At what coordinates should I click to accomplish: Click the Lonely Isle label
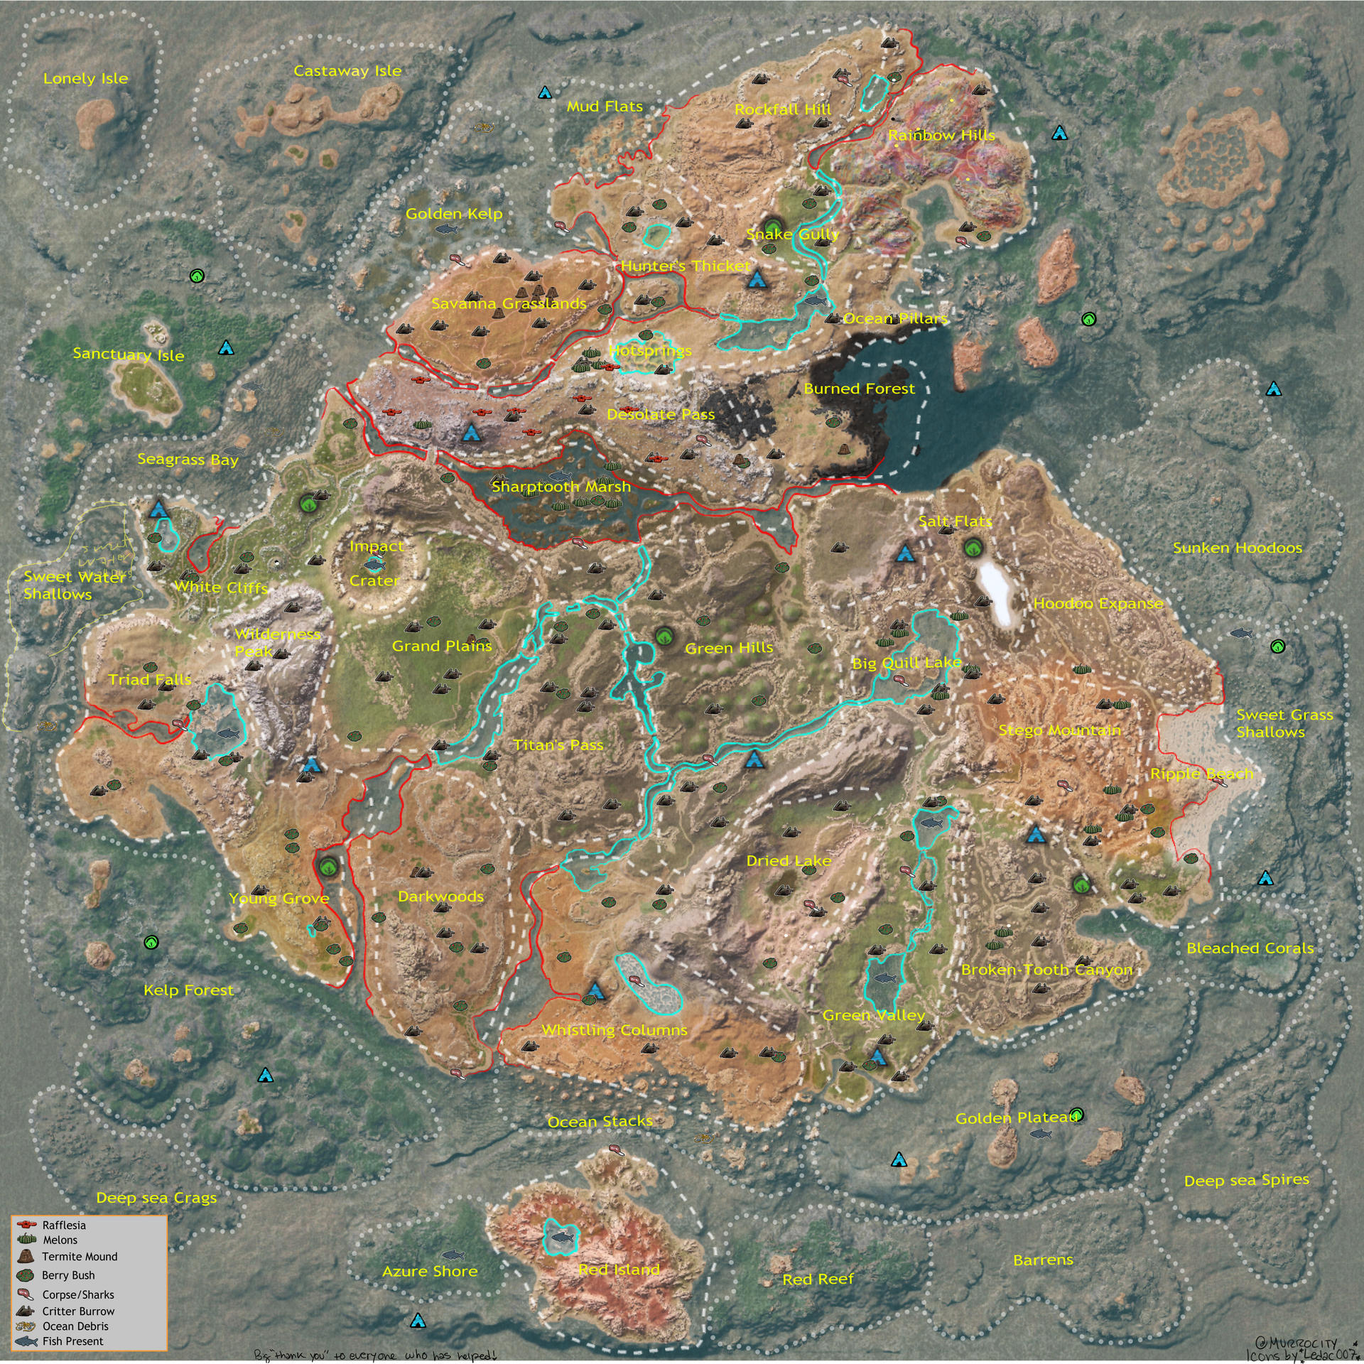pyautogui.click(x=85, y=79)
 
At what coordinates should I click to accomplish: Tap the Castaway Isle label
pyautogui.click(x=347, y=71)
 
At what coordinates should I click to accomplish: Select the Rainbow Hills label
pyautogui.click(x=941, y=135)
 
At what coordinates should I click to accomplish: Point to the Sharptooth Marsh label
pyautogui.click(x=561, y=487)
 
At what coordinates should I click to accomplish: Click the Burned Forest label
pyautogui.click(x=859, y=389)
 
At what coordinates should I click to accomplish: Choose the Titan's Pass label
pyautogui.click(x=558, y=745)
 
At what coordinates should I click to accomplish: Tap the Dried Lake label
pyautogui.click(x=789, y=860)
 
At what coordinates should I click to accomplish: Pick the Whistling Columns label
pyautogui.click(x=615, y=1029)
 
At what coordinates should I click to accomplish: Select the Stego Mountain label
pyautogui.click(x=1059, y=730)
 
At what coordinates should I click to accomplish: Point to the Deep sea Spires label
pyautogui.click(x=1246, y=1180)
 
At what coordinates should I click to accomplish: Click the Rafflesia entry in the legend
pyautogui.click(x=63, y=1225)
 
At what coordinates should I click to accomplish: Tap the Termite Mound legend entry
pyautogui.click(x=79, y=1257)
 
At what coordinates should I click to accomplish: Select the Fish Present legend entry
pyautogui.click(x=72, y=1341)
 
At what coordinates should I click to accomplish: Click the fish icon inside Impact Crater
pyautogui.click(x=374, y=565)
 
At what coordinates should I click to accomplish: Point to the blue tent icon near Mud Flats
pyautogui.click(x=545, y=92)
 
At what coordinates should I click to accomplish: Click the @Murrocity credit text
pyautogui.click(x=1296, y=1343)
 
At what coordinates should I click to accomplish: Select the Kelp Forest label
pyautogui.click(x=188, y=990)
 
